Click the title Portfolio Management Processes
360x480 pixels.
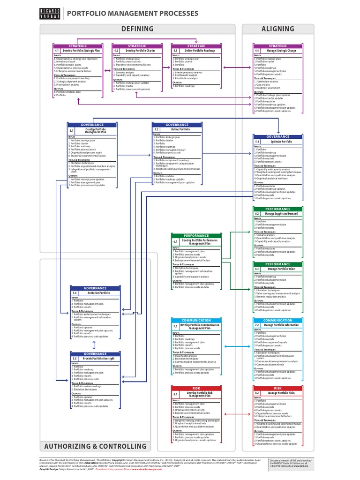(133, 14)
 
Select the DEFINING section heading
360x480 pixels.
(137, 29)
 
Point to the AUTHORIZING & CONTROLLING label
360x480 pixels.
(96, 446)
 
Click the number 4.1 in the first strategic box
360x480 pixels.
(57, 50)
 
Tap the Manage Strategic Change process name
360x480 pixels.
(281, 50)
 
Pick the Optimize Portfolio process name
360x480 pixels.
(281, 141)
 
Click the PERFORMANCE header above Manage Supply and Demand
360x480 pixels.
(278, 209)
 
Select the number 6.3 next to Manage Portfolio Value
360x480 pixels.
(257, 269)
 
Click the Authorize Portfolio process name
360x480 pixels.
(99, 292)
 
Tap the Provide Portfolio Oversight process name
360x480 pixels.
(99, 358)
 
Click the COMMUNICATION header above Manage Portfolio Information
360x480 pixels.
(278, 320)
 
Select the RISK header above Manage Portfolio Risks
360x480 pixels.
(278, 388)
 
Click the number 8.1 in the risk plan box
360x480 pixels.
(175, 394)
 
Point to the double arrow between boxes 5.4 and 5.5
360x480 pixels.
(95, 345)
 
